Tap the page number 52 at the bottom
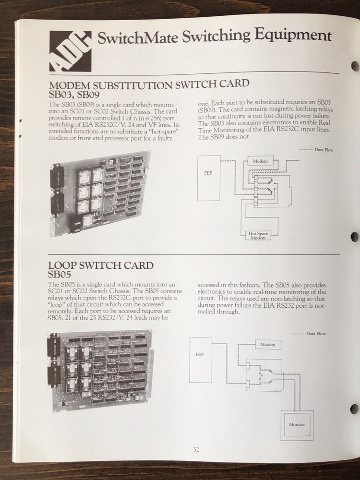[196, 449]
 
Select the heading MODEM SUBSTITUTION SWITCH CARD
[149, 84]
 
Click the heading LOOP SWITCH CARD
[101, 265]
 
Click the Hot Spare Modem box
[257, 235]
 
